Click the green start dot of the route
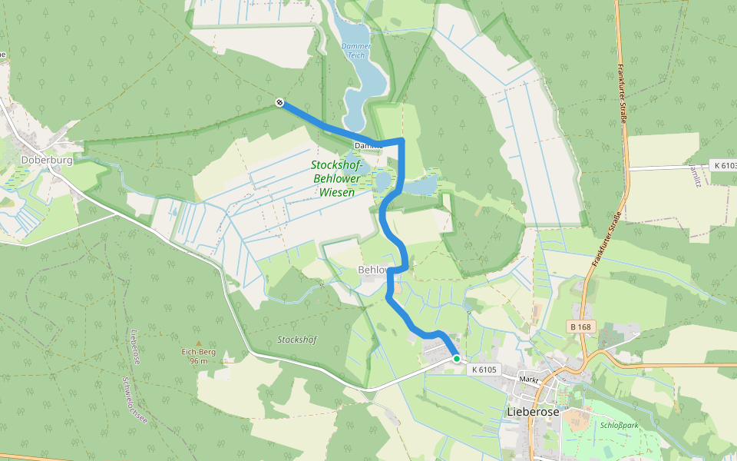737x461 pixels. [x=457, y=359]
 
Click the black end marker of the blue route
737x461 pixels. [x=280, y=102]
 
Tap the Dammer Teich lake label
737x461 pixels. [x=355, y=51]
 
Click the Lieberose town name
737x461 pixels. [x=534, y=412]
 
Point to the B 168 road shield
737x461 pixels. [x=581, y=327]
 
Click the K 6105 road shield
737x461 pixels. [x=484, y=370]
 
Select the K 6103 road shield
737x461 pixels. [x=724, y=165]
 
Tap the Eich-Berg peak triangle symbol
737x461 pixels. [x=198, y=343]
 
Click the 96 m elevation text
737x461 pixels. [x=198, y=361]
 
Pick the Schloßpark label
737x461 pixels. [x=616, y=424]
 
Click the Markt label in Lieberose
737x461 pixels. [x=529, y=380]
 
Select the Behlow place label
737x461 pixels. [x=372, y=270]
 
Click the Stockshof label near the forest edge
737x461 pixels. [x=296, y=339]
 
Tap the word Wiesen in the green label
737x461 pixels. [x=336, y=192]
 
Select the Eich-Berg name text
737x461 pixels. [x=198, y=352]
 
